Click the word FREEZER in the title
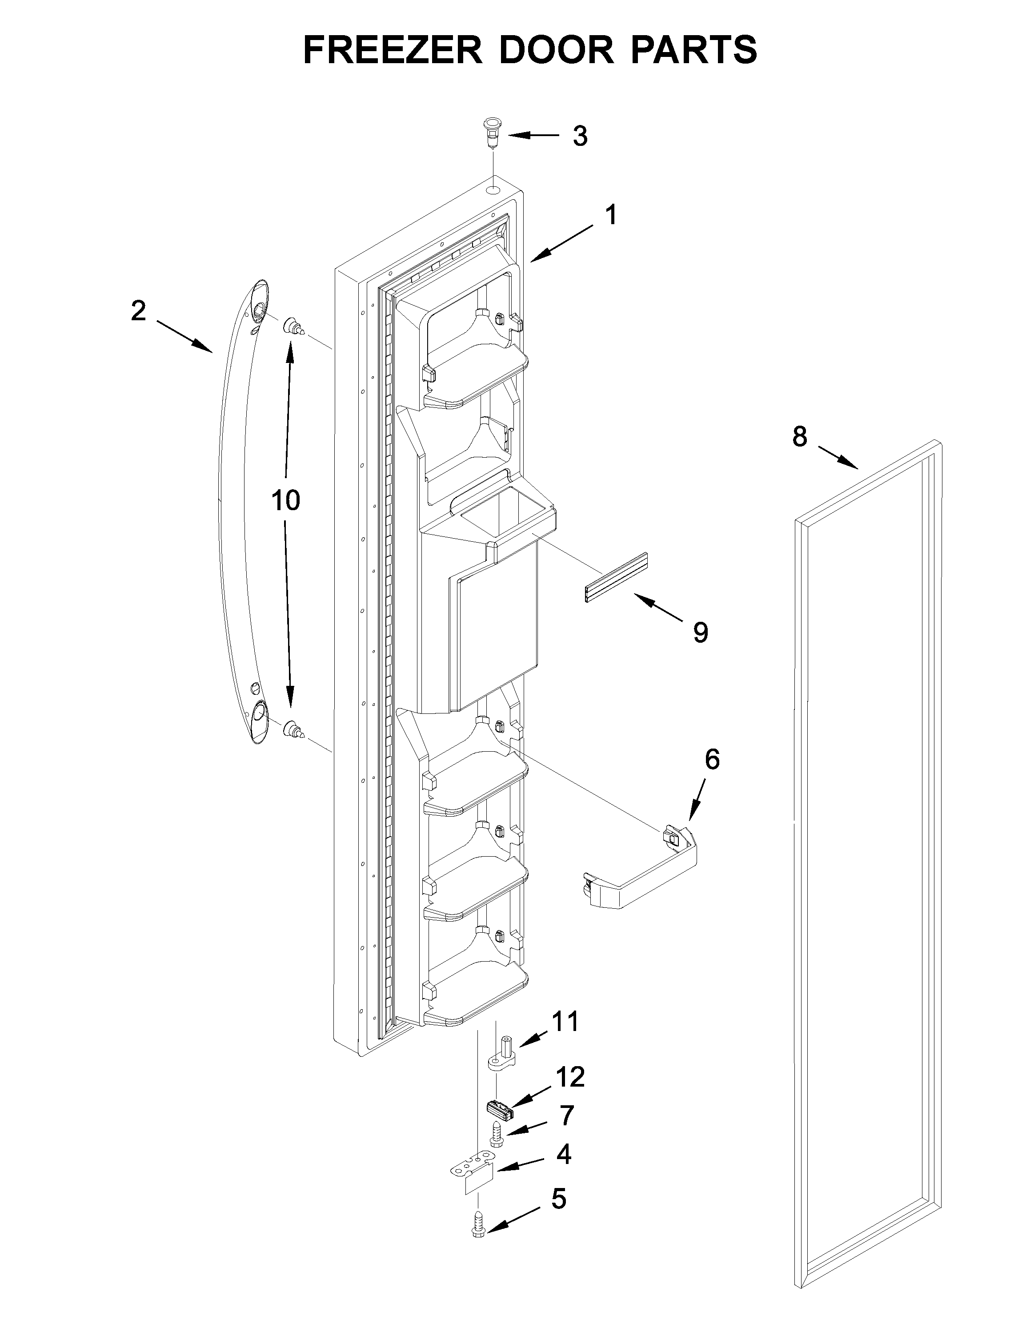click(x=392, y=50)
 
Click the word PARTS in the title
click(x=694, y=50)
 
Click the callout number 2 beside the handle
click(x=139, y=312)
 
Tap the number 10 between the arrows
click(x=285, y=501)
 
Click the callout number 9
click(x=701, y=633)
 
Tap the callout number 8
click(x=800, y=436)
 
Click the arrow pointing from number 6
click(x=698, y=801)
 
